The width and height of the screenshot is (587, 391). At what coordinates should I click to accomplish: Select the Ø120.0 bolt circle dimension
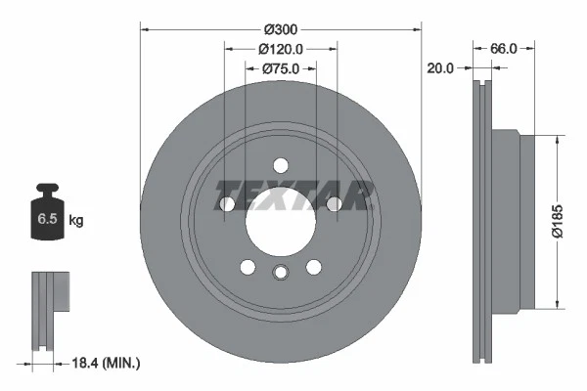click(280, 48)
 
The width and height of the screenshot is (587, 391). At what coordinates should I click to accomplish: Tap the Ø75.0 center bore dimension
click(280, 68)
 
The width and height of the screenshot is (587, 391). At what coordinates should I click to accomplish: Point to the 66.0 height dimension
click(503, 47)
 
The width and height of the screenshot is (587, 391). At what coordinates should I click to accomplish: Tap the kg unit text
click(76, 221)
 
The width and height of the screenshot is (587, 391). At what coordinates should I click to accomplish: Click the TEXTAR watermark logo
click(293, 195)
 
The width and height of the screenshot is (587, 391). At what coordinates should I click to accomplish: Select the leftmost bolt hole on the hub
click(227, 203)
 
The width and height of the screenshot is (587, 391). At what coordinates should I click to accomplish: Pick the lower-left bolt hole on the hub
click(248, 267)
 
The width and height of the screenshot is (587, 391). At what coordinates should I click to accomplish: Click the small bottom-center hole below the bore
click(280, 273)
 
